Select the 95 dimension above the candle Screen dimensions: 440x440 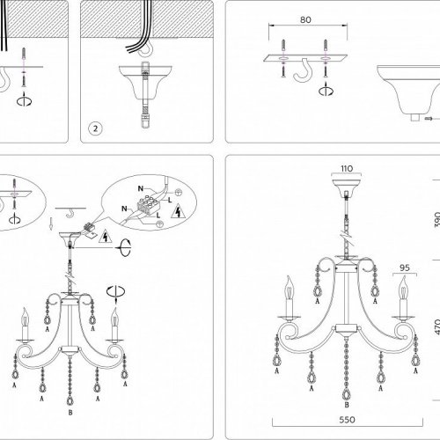[x=406, y=260]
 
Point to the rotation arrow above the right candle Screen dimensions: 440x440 [x=114, y=291]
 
